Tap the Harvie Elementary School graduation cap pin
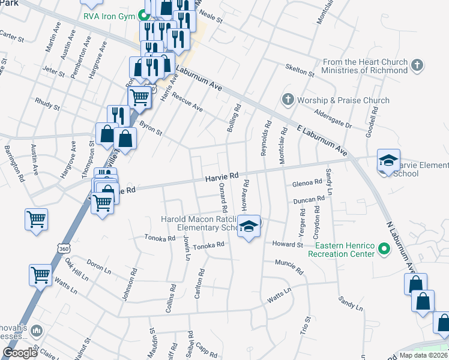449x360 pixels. pos(388,160)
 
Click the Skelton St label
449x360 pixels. pos(300,70)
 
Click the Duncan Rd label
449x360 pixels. pos(309,200)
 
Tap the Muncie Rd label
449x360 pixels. pos(289,266)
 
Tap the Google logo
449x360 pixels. pos(20,353)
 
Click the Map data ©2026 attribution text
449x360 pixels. pos(423,355)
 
